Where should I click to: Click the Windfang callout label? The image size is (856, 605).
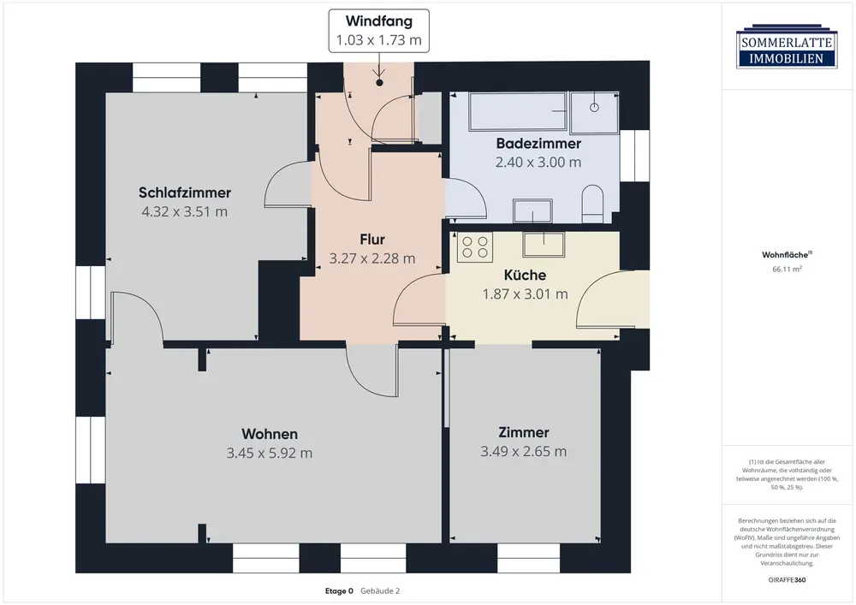tap(379, 31)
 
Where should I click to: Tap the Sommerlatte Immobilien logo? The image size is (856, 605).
tap(787, 46)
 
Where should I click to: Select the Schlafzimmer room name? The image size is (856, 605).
tap(185, 193)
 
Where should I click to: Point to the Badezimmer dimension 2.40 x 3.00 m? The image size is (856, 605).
tap(538, 162)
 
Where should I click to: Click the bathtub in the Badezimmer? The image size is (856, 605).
tap(518, 111)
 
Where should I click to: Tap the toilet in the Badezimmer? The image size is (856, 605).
tap(592, 204)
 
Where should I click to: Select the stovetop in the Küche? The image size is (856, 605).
tap(475, 246)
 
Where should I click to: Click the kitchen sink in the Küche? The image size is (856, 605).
tap(544, 245)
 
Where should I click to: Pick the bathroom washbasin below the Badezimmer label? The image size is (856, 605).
tap(532, 211)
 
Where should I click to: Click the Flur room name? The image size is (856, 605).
tap(372, 240)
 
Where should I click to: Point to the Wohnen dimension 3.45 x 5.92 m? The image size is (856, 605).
tap(270, 453)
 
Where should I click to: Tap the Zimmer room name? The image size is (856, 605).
tap(524, 433)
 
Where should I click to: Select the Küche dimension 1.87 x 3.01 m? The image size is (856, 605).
tap(526, 294)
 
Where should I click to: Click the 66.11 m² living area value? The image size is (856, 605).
tap(787, 269)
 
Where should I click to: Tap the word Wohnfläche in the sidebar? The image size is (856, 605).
tap(785, 255)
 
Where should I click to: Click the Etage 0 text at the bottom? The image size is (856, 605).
tap(339, 590)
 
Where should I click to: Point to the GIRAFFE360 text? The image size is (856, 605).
tap(787, 580)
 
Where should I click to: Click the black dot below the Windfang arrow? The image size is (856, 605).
tap(379, 83)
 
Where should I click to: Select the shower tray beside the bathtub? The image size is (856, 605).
tap(595, 112)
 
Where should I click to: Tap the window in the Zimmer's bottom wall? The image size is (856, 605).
tap(528, 558)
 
